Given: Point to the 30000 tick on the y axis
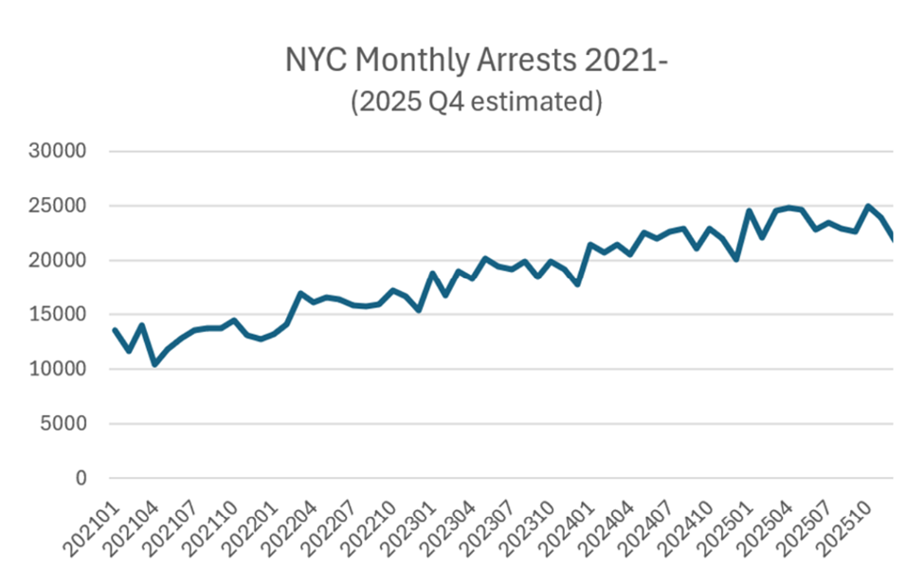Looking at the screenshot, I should tap(60, 152).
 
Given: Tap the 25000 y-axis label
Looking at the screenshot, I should tap(60, 207).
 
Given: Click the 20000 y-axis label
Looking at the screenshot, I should tap(60, 261).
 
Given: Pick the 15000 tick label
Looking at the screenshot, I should tap(60, 316).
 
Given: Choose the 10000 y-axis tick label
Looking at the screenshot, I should tap(60, 370).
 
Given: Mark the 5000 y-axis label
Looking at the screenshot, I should tap(65, 424).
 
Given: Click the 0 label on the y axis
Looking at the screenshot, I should tap(81, 479).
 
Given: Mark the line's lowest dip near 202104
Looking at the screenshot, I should tap(154, 364).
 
